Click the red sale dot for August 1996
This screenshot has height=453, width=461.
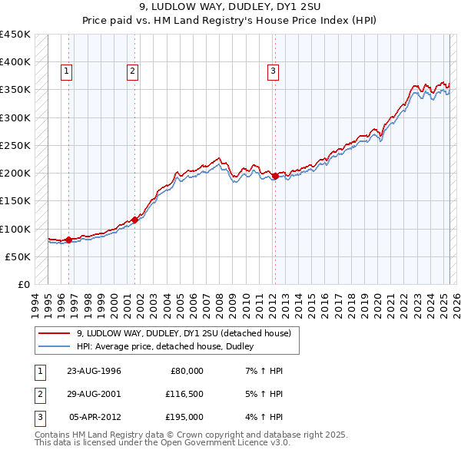coord(68,240)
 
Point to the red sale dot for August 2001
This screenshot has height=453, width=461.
coord(134,220)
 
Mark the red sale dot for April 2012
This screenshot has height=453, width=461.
coord(275,176)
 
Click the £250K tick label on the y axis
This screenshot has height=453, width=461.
coord(15,146)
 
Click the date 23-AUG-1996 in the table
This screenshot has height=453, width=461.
coord(95,371)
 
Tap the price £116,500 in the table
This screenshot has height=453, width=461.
coord(184,394)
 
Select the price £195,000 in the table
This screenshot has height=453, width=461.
coord(184,417)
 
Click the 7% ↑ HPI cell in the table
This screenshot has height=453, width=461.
coord(262,371)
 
